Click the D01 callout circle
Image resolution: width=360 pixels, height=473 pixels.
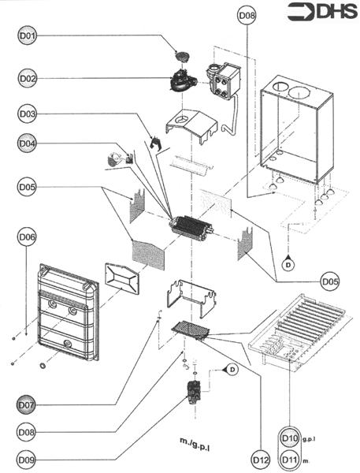point(27,35)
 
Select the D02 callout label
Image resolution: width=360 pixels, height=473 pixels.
point(27,78)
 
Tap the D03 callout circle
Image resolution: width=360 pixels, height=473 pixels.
point(27,114)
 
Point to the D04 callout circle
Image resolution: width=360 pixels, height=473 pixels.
point(27,143)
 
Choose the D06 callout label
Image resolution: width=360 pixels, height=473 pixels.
point(26,236)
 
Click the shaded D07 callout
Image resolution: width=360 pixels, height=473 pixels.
point(26,404)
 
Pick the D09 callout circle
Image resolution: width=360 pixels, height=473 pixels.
point(26,460)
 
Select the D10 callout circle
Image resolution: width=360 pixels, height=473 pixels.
point(290,438)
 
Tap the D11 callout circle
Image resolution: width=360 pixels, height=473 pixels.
point(290,460)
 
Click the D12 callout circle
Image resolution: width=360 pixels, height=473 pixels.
point(260,460)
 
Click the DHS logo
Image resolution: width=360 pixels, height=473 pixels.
point(322,12)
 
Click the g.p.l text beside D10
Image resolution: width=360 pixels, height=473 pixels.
point(308,439)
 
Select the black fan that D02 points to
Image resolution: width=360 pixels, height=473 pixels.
point(183,80)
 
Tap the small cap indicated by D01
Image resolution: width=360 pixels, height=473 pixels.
point(182,56)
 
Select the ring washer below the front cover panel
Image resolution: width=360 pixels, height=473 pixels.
point(43,366)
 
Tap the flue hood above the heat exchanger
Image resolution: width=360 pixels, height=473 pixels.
point(191,125)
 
